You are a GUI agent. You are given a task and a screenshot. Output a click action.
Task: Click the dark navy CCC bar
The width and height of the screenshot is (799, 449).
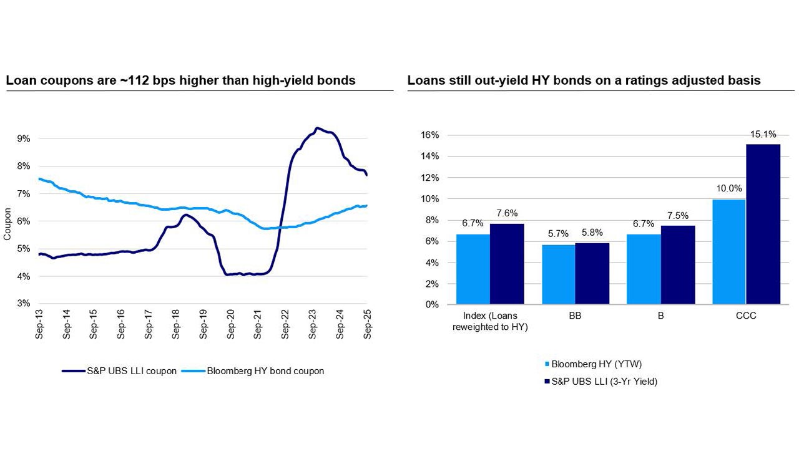pyautogui.click(x=763, y=224)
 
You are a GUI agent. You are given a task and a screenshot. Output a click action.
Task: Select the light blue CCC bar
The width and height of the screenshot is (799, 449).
pyautogui.click(x=729, y=252)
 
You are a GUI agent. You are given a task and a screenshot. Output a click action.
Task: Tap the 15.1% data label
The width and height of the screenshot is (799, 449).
pyautogui.click(x=763, y=133)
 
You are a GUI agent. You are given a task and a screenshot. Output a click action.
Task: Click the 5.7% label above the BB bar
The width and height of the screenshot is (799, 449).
pyautogui.click(x=558, y=234)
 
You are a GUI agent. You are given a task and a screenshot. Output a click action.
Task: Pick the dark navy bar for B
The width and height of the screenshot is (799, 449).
pyautogui.click(x=677, y=265)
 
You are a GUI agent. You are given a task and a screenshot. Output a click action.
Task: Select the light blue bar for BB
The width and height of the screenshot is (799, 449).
pyautogui.click(x=558, y=274)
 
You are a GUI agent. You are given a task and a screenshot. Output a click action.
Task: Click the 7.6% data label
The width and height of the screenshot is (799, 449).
pyautogui.click(x=506, y=213)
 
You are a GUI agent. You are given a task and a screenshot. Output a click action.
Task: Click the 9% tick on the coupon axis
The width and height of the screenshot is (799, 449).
pyautogui.click(x=24, y=139)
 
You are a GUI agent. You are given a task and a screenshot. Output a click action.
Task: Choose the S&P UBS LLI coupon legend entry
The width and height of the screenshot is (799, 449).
pyautogui.click(x=119, y=371)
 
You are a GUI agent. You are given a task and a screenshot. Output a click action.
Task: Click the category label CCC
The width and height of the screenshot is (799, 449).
pyautogui.click(x=745, y=316)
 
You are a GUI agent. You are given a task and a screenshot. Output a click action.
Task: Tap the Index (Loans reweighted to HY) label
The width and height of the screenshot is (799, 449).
pyautogui.click(x=490, y=322)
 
